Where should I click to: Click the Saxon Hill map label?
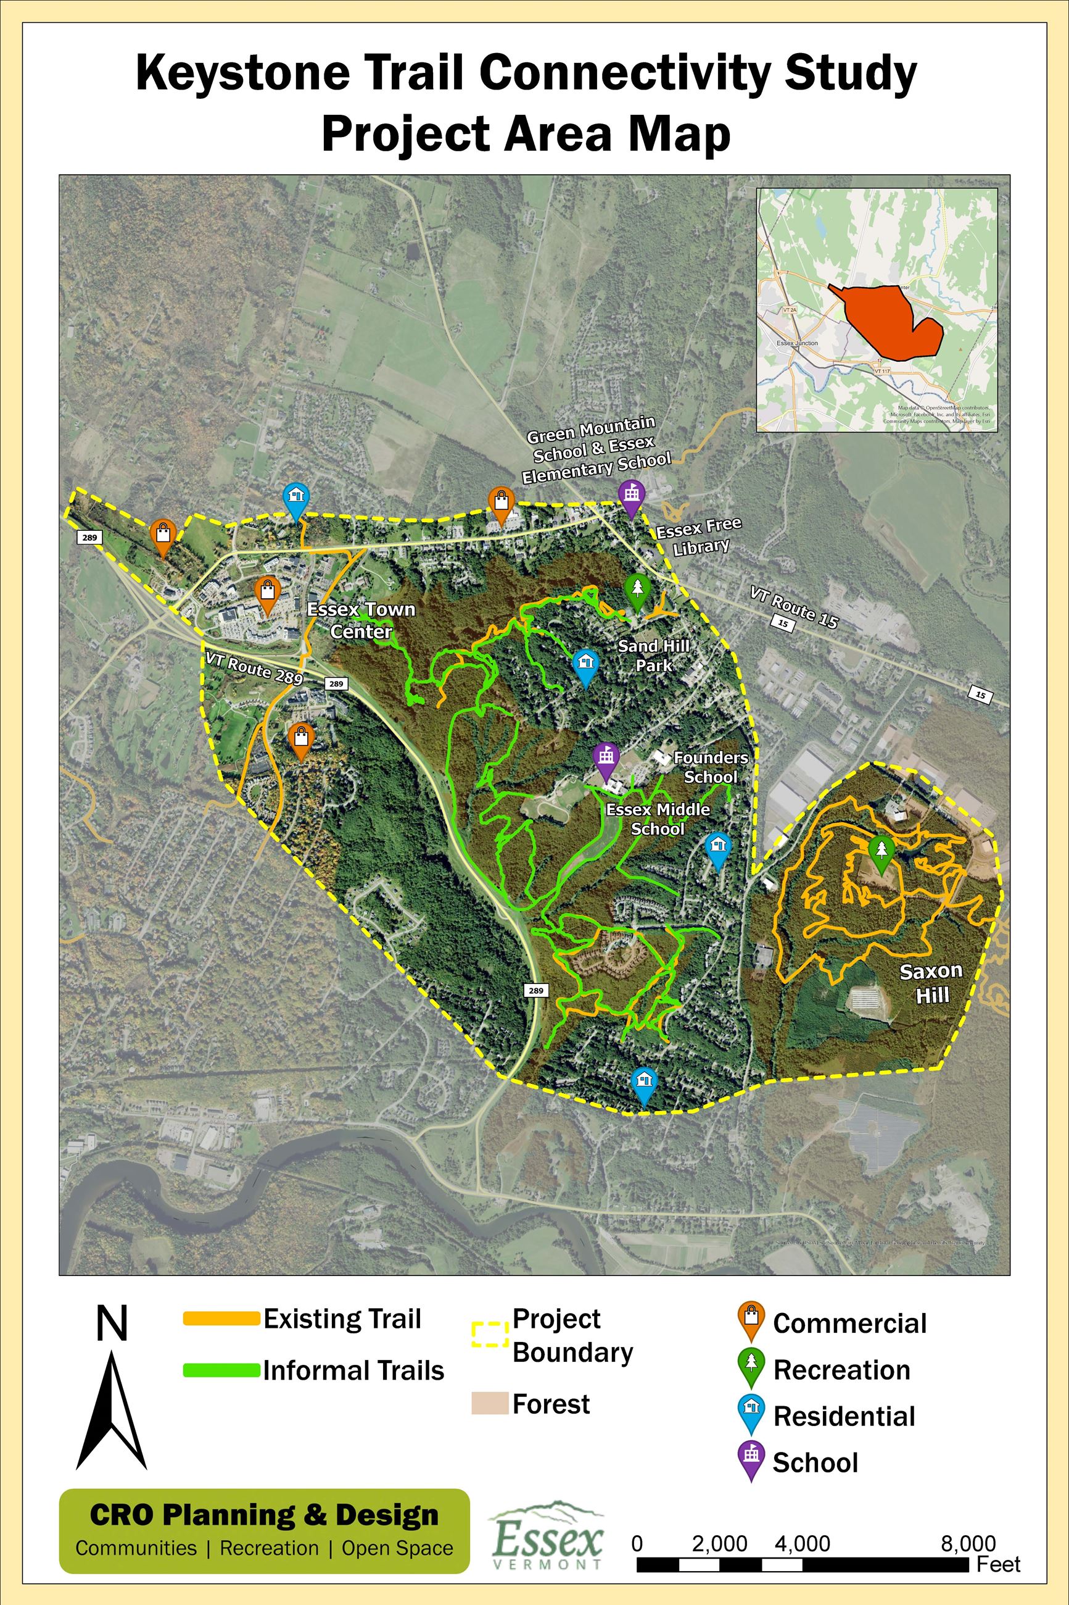pos(931,982)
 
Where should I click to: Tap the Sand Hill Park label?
pos(654,656)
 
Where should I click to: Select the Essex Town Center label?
pos(361,620)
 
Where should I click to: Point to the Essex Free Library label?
pos(699,537)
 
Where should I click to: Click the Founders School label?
pos(711,767)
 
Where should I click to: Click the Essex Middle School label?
pos(658,819)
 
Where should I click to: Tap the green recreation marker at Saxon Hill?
pos(881,853)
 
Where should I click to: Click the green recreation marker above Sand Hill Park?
pos(637,590)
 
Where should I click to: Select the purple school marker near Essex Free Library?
pos(630,496)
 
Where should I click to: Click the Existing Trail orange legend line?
pos(221,1319)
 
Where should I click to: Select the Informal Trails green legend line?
pos(221,1370)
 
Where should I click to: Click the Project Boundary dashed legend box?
pos(490,1334)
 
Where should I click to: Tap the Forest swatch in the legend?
pos(490,1403)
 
